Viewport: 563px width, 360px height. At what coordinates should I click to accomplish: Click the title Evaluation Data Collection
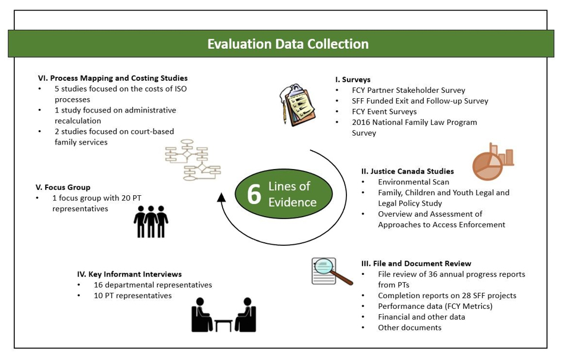click(x=288, y=44)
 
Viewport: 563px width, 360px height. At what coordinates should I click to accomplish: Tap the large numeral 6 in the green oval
click(x=254, y=194)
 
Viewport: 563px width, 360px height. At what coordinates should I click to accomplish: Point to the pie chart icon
click(x=493, y=162)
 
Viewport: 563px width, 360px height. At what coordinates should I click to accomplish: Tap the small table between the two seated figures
click(x=223, y=325)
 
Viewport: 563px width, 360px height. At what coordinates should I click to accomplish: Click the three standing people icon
click(x=151, y=221)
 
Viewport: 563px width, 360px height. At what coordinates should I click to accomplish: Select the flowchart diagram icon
click(x=193, y=160)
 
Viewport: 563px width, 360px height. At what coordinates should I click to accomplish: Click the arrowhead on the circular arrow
click(x=221, y=198)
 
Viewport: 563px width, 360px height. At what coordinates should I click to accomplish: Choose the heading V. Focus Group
click(x=63, y=187)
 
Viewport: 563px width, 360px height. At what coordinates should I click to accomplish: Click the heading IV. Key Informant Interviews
click(x=129, y=274)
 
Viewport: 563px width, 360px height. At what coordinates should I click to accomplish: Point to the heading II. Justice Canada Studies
click(x=408, y=171)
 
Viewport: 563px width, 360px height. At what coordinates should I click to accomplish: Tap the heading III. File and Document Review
click(x=416, y=264)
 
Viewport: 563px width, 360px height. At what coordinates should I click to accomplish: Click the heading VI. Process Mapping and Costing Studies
click(x=112, y=78)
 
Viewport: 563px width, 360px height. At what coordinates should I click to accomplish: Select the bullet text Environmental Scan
click(x=414, y=182)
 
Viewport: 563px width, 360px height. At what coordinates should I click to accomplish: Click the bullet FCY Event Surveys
click(x=384, y=112)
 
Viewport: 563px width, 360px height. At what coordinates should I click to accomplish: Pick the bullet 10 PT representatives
click(x=133, y=296)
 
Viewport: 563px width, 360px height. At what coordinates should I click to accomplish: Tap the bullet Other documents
click(x=409, y=328)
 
